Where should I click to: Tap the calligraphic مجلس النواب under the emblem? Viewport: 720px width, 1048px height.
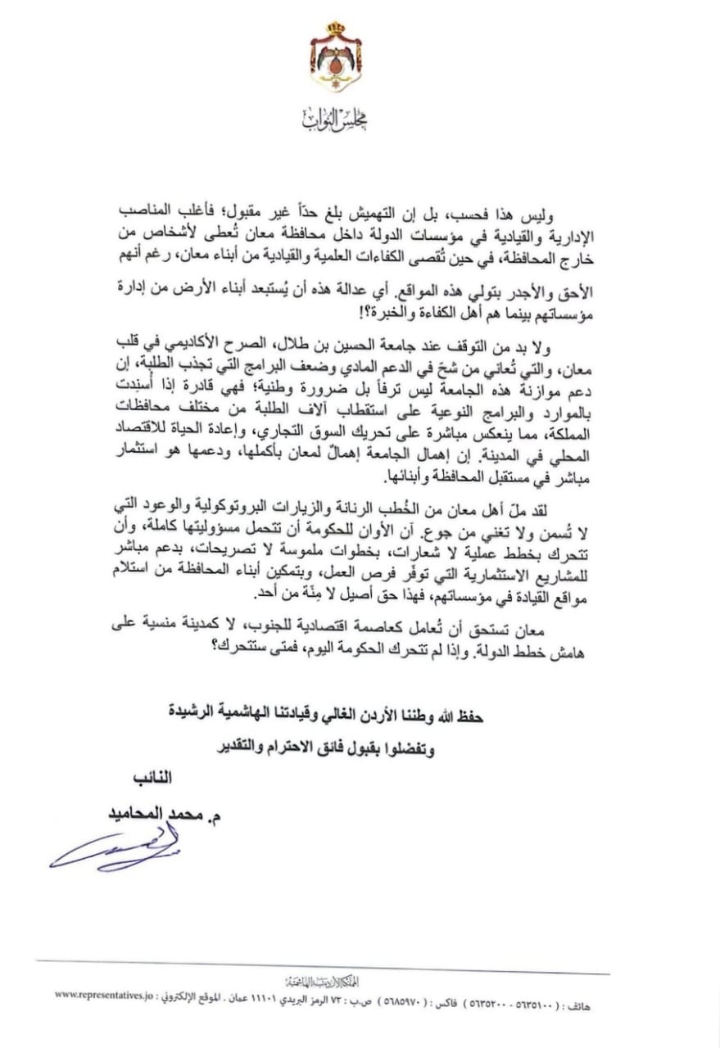point(335,120)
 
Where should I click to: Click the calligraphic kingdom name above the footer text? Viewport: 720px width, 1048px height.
point(324,981)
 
